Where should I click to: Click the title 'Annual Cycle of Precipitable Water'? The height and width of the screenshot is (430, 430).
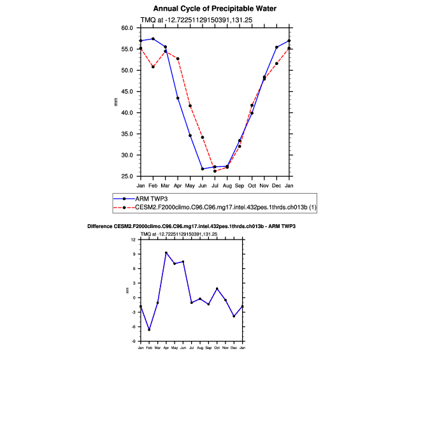point(215,9)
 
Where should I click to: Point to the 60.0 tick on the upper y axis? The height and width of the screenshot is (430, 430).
point(127,28)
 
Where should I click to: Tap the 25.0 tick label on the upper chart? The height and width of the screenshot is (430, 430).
point(127,176)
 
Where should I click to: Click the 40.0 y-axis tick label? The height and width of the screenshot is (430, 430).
point(127,113)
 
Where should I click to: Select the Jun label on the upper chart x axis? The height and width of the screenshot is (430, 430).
point(203,185)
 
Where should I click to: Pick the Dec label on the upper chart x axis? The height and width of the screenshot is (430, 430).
point(276,185)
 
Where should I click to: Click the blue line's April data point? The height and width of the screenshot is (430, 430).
point(178,98)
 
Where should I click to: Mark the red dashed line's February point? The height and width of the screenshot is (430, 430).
point(153,67)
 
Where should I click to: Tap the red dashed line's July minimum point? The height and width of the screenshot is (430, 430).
point(215,171)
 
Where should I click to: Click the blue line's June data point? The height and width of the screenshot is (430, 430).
point(203,169)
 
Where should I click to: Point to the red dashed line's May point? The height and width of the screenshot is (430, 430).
point(190,106)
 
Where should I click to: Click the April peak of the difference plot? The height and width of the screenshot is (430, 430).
point(166,253)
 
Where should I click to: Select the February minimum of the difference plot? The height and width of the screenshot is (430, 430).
point(149,330)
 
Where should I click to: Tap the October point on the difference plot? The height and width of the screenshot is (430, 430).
point(217,289)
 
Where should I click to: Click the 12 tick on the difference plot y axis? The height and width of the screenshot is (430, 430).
point(134,240)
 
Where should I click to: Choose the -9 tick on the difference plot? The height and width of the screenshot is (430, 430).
point(133,341)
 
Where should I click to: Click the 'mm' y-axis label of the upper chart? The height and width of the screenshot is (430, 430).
point(116,102)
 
